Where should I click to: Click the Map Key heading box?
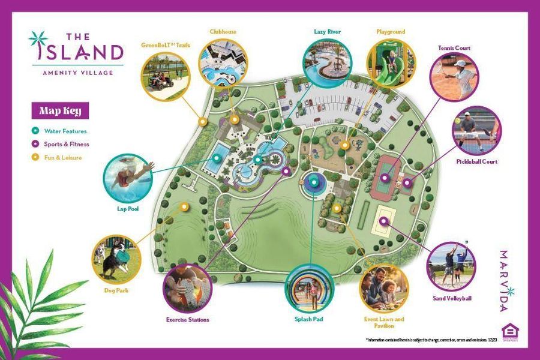coord(60,110)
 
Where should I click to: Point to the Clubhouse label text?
coord(223,32)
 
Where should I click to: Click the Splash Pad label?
coord(310,319)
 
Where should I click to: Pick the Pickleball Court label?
coord(477,161)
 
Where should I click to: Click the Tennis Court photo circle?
coord(454,77)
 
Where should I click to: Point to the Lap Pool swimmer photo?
coord(128,176)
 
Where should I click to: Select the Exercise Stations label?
coord(188,320)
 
